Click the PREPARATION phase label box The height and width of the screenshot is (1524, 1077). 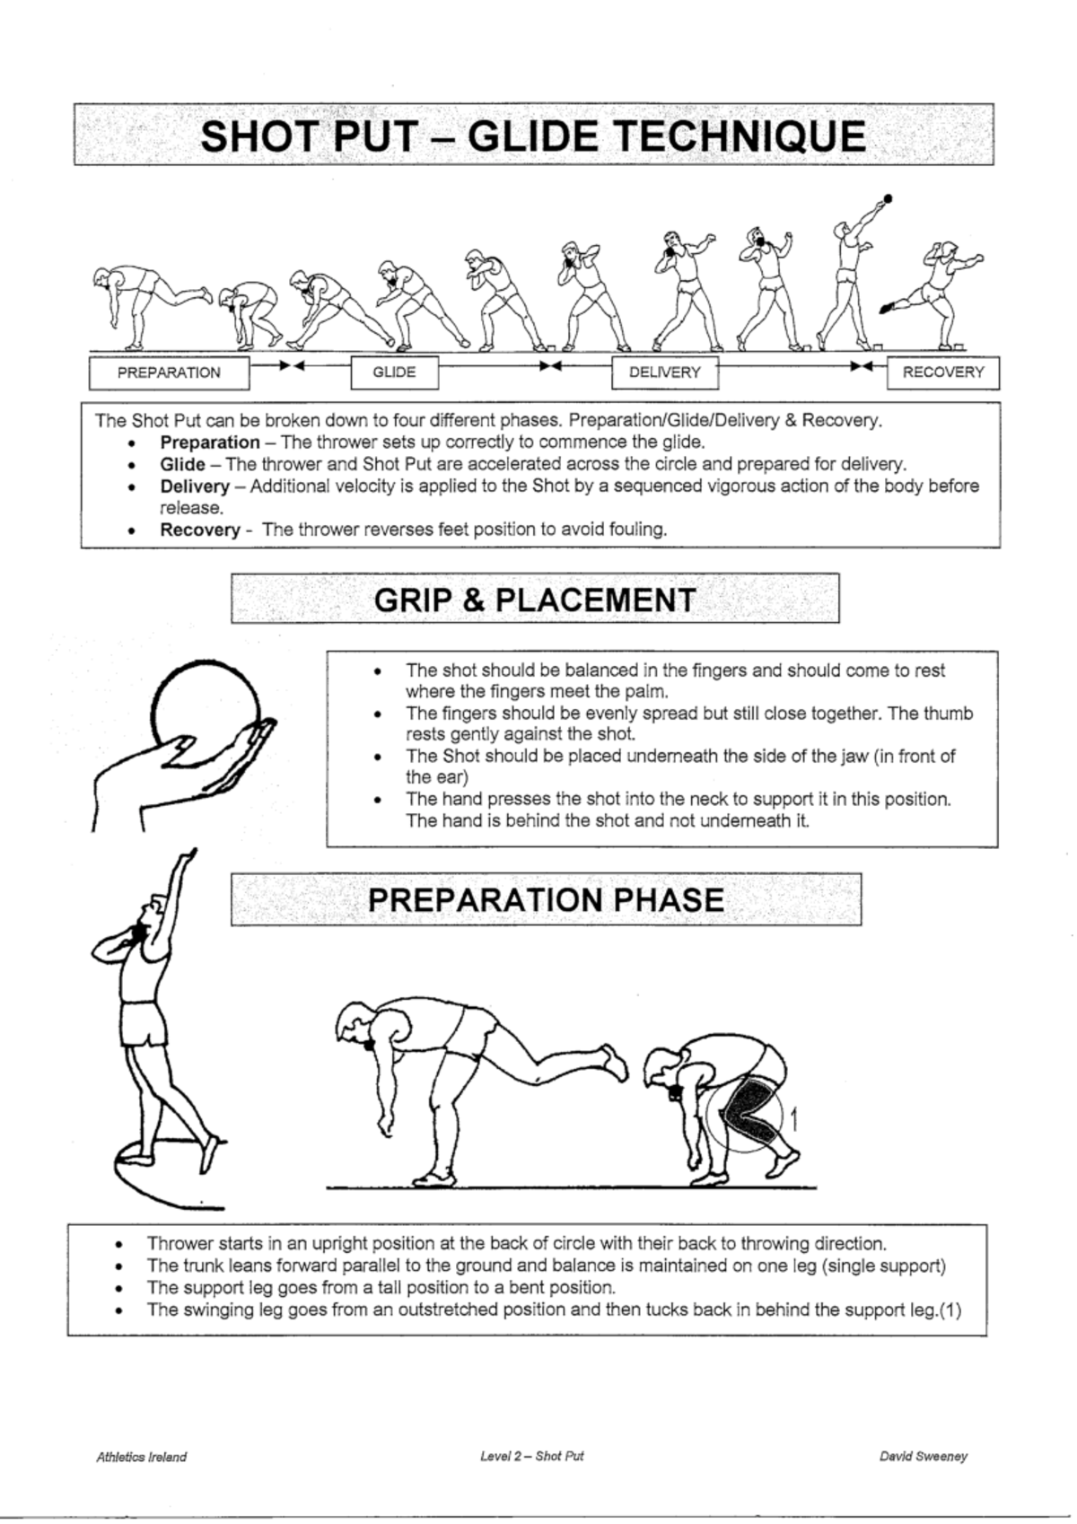click(x=169, y=372)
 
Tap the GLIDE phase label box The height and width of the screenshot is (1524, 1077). click(x=395, y=372)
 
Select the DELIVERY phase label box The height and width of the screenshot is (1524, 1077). click(x=665, y=372)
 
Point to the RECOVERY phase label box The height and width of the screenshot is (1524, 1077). click(x=943, y=372)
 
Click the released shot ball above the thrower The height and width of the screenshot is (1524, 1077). click(x=888, y=198)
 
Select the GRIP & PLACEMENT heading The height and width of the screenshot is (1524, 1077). click(x=535, y=600)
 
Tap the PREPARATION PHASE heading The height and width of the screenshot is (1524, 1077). click(x=546, y=899)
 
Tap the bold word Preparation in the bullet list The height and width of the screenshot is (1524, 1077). click(x=210, y=442)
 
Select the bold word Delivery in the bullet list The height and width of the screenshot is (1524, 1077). click(x=196, y=487)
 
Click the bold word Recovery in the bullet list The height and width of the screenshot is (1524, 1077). click(x=200, y=530)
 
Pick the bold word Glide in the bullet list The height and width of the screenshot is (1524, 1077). click(x=182, y=465)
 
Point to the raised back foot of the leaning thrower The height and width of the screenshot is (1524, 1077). click(x=616, y=1062)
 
